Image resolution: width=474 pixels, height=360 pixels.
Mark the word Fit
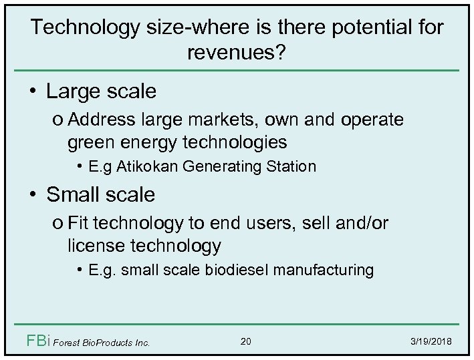tap(80, 224)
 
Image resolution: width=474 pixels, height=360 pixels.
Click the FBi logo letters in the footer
tap(37, 342)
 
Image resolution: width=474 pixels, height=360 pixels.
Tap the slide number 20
tap(245, 342)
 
